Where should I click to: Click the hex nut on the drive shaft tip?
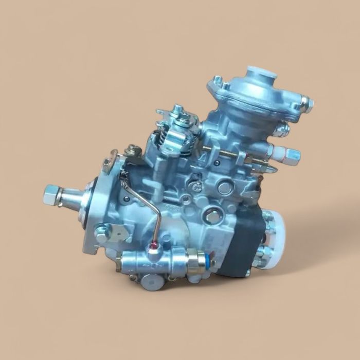(x=52, y=194)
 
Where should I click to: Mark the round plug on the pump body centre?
(x=225, y=188)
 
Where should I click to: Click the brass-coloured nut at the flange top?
(x=135, y=151)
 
